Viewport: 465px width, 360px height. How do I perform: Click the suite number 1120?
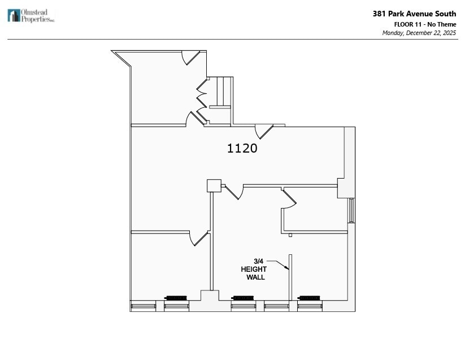tap(242, 148)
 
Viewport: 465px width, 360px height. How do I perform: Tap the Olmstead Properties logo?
tap(31, 15)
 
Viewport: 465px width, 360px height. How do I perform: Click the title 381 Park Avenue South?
tap(414, 14)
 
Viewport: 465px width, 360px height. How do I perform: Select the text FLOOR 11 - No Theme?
tap(425, 24)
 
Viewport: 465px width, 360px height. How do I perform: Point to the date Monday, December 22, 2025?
tap(419, 33)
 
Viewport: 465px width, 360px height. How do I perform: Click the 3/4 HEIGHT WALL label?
tap(254, 269)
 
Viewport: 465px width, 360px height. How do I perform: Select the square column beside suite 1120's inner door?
tap(214, 186)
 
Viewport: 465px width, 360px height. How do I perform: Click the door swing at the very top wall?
tap(190, 57)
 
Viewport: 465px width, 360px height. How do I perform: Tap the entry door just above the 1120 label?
tap(263, 131)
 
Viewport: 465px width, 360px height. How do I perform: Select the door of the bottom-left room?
tap(199, 238)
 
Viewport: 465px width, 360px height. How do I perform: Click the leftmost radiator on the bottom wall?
tap(176, 297)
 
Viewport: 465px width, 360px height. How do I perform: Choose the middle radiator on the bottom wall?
tap(243, 297)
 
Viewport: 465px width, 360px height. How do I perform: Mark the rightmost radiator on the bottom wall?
tap(310, 297)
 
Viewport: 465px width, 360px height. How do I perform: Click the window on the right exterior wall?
tap(351, 210)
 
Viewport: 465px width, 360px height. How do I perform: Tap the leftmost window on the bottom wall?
tap(143, 306)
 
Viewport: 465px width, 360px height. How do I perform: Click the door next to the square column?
tap(234, 192)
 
